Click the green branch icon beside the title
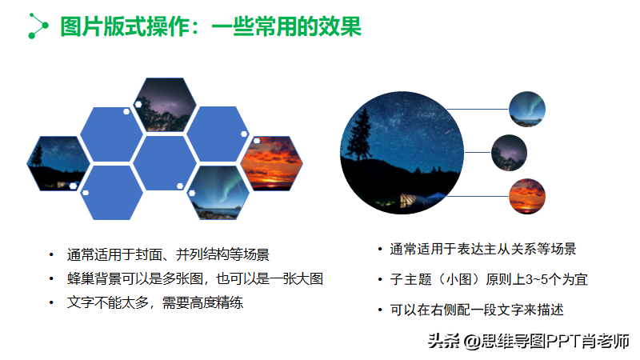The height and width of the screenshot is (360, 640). [38, 26]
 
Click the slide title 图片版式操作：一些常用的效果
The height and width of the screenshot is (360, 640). [210, 26]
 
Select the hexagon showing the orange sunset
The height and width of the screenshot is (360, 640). [271, 163]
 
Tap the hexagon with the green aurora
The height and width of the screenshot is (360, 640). [218, 193]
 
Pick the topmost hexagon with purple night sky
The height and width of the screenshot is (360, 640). [165, 105]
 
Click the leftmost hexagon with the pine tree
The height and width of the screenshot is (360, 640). [58, 163]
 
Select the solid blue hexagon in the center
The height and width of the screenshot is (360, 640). [165, 163]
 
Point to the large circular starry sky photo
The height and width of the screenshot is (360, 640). [402, 153]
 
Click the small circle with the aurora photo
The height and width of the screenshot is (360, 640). [527, 109]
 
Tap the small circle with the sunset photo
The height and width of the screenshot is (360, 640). [527, 196]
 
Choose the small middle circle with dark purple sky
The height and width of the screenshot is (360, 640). [509, 153]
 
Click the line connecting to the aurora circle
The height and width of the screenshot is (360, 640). [478, 110]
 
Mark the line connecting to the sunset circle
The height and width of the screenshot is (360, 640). [478, 196]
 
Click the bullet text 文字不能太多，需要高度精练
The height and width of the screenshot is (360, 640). [155, 303]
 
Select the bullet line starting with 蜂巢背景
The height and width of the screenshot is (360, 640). [195, 278]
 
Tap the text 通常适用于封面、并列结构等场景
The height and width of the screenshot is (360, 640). [168, 254]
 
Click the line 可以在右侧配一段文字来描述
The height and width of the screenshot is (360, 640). [477, 310]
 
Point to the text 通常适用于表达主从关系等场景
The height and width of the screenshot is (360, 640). [483, 249]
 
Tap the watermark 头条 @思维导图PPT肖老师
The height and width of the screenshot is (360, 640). [529, 341]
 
